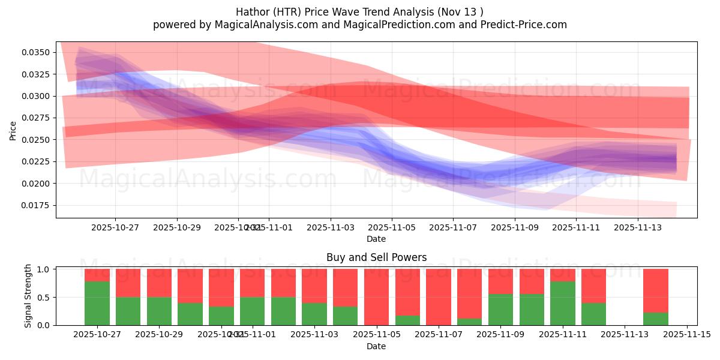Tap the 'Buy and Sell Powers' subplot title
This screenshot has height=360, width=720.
click(376, 257)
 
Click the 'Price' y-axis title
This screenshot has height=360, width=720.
click(13, 130)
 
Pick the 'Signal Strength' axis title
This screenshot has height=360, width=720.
click(28, 296)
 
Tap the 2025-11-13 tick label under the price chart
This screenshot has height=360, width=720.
click(638, 228)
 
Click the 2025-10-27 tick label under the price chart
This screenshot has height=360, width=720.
click(115, 228)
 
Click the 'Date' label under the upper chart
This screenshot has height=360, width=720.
click(376, 239)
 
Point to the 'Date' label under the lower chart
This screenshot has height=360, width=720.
click(376, 346)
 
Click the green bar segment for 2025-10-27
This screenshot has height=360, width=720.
click(97, 304)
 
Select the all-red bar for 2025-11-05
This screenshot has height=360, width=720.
click(376, 297)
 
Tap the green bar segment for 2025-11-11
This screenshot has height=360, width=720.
click(563, 304)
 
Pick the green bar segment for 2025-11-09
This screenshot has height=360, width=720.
click(500, 310)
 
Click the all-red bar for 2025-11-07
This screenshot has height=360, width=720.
click(439, 297)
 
